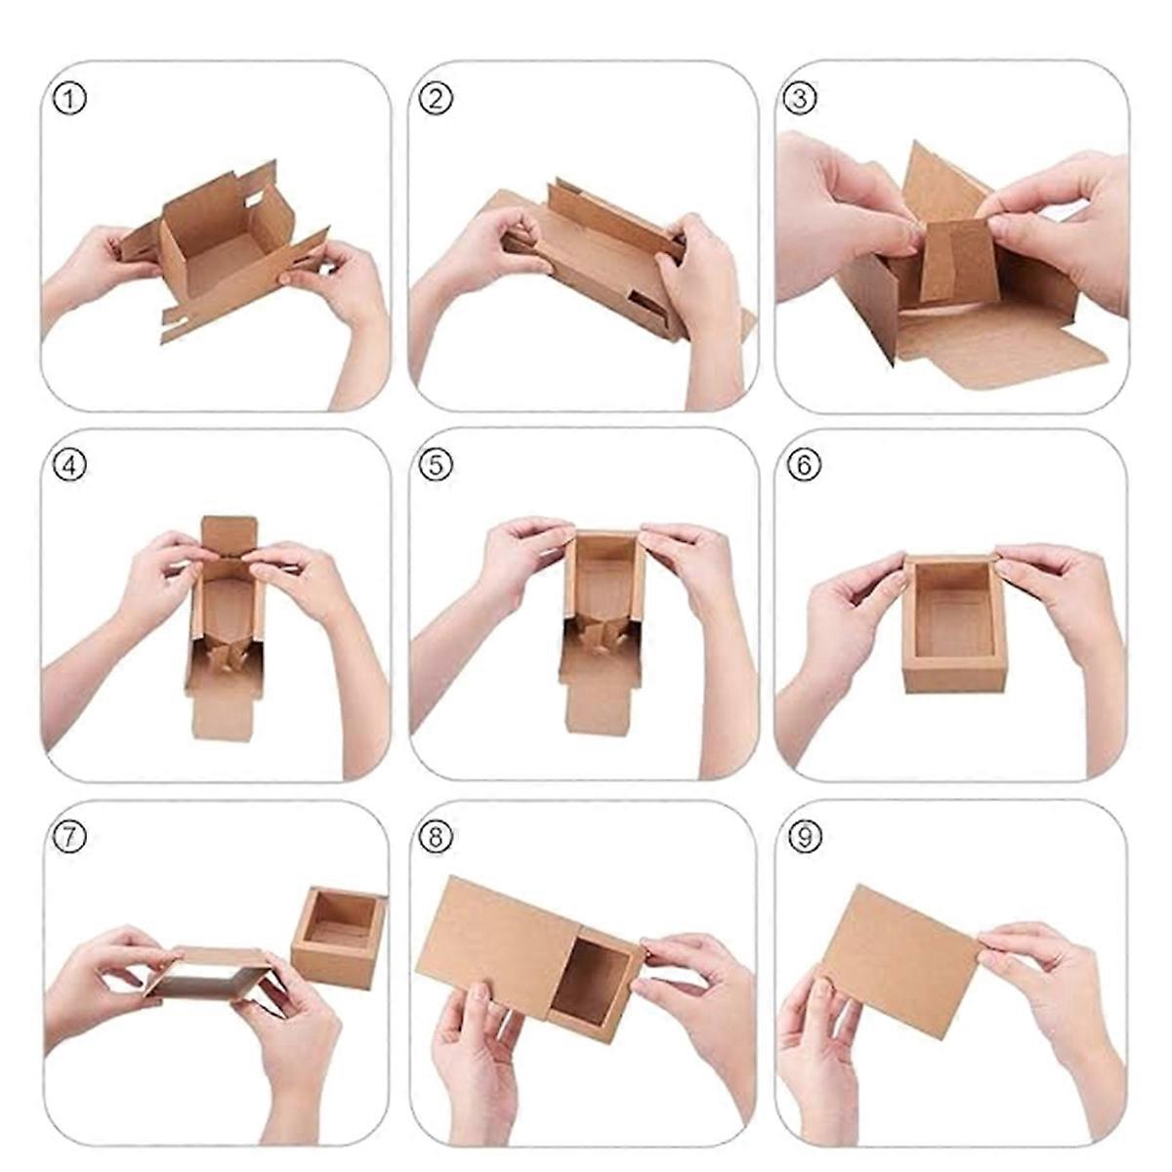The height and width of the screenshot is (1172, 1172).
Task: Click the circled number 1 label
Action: coord(70,99)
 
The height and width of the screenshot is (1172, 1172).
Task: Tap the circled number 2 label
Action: coord(437,99)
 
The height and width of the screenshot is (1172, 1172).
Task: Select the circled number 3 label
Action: coord(801,99)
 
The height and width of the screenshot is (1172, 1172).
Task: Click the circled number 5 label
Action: coord(437,467)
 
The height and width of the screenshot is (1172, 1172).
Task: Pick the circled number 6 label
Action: coord(803,467)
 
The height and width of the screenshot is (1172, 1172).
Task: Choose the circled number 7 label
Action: coord(70,837)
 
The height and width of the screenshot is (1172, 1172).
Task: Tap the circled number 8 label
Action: coord(437,837)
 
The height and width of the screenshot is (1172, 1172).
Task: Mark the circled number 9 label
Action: coord(803,837)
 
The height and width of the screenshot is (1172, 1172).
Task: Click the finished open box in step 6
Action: coord(952,625)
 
